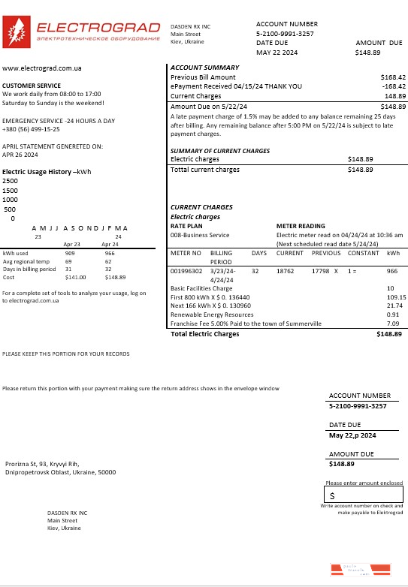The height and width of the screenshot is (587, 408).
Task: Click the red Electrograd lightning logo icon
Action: point(16,33)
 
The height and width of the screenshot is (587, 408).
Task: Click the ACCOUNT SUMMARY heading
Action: point(205,68)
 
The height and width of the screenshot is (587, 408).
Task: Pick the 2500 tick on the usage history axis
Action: point(11,181)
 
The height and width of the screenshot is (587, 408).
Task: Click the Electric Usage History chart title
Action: point(47,172)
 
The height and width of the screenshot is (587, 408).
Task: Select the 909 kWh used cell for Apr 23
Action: point(71,254)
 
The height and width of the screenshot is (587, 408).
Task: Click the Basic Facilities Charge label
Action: point(201,288)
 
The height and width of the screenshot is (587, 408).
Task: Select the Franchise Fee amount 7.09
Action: point(391,324)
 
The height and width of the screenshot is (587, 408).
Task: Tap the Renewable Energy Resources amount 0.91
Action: point(392,315)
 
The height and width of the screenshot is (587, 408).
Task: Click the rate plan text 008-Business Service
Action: point(198,235)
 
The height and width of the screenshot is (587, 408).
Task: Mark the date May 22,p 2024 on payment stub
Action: point(352,435)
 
